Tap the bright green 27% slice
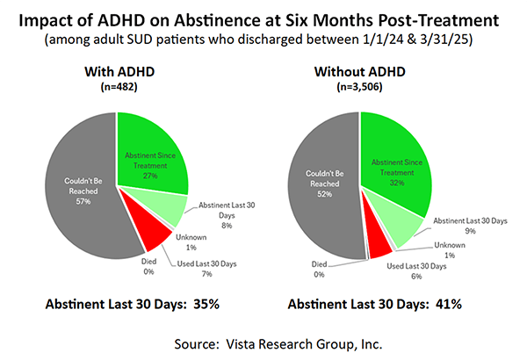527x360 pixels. click(149, 149)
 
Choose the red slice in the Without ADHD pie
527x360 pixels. click(380, 247)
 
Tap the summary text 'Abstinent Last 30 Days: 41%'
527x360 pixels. click(373, 304)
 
